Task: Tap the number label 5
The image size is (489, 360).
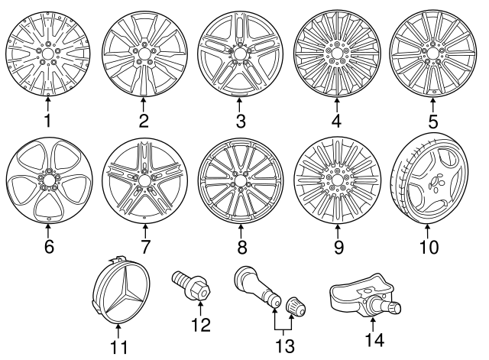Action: (x=432, y=120)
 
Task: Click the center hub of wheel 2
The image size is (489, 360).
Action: (x=144, y=56)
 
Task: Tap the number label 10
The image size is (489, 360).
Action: (x=432, y=247)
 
